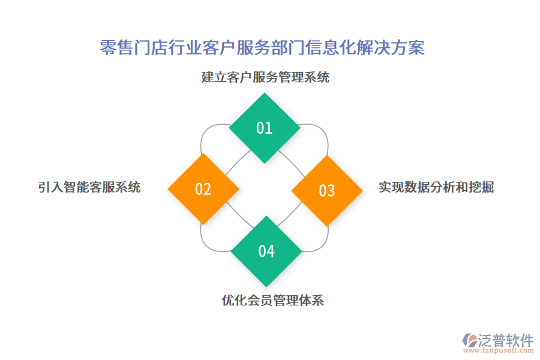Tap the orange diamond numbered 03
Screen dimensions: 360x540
click(327, 191)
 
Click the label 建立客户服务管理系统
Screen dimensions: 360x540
click(265, 77)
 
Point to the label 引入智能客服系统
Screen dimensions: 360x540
click(89, 187)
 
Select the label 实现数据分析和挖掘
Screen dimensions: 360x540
click(436, 187)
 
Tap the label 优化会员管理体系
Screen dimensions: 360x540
click(273, 300)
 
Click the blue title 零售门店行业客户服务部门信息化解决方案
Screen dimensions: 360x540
click(262, 47)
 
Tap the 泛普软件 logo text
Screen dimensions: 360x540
click(505, 340)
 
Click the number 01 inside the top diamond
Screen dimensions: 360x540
click(265, 128)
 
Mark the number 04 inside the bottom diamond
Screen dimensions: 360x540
click(266, 251)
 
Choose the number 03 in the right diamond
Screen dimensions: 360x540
click(326, 191)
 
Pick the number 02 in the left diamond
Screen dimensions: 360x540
click(203, 190)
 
